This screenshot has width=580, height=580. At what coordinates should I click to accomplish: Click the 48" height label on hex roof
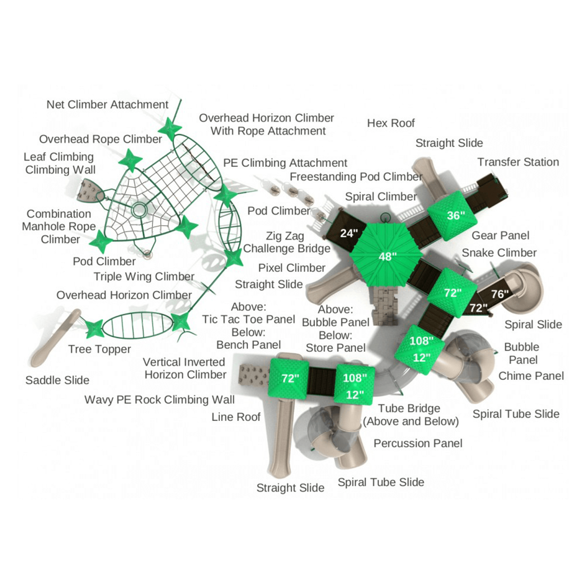pyautogui.click(x=387, y=257)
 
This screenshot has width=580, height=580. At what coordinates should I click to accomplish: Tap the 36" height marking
pyautogui.click(x=456, y=215)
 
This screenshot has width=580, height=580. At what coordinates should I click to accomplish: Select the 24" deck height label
pyautogui.click(x=349, y=233)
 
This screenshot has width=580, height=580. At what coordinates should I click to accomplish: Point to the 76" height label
pyautogui.click(x=500, y=294)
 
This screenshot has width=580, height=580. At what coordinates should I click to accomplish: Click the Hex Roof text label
pyautogui.click(x=391, y=123)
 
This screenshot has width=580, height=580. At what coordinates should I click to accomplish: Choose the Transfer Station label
pyautogui.click(x=518, y=162)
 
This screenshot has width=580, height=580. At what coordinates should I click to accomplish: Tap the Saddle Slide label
pyautogui.click(x=57, y=380)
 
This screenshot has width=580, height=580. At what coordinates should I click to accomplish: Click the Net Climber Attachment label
pyautogui.click(x=107, y=105)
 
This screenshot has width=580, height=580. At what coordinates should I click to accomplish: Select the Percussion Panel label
pyautogui.click(x=418, y=443)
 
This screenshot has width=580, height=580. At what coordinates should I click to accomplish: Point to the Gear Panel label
pyautogui.click(x=500, y=236)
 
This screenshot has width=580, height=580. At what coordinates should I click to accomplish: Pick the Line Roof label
pyautogui.click(x=236, y=417)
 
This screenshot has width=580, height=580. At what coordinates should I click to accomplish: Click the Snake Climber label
pyautogui.click(x=499, y=253)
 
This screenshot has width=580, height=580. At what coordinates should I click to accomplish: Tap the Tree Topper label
pyautogui.click(x=99, y=349)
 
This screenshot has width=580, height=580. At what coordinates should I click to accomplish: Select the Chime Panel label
pyautogui.click(x=531, y=376)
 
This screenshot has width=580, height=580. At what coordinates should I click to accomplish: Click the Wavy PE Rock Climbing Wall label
pyautogui.click(x=159, y=400)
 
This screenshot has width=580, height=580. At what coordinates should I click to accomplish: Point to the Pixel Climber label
pyautogui.click(x=292, y=268)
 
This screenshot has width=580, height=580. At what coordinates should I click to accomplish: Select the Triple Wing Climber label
pyautogui.click(x=144, y=277)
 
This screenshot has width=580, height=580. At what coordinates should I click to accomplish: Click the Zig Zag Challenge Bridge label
pyautogui.click(x=286, y=242)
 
